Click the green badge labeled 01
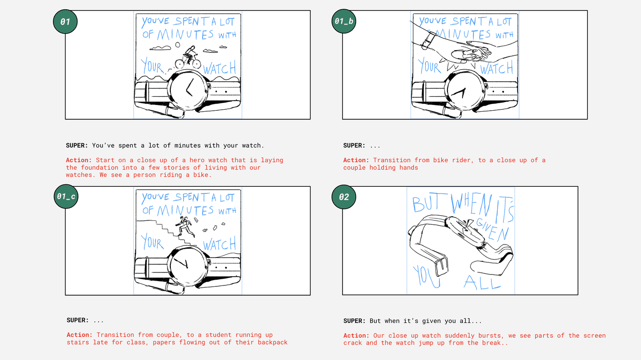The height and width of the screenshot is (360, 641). point(65,22)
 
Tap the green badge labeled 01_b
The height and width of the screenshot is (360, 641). point(344,21)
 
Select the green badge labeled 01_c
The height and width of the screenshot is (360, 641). point(66,196)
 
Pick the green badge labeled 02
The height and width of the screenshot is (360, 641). point(344,197)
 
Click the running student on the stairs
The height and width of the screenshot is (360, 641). point(185,226)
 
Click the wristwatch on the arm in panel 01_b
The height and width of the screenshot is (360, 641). point(428,40)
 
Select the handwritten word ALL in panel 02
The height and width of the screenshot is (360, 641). point(482,282)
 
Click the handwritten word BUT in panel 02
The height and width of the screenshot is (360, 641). point(429,202)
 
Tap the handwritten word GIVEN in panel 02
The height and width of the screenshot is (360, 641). point(493,230)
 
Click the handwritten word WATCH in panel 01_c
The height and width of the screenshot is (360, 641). point(219,244)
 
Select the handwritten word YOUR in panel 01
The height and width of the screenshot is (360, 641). point(152,66)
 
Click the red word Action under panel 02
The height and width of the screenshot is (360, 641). point(356,335)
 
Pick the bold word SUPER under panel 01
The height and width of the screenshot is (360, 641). point(77,145)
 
